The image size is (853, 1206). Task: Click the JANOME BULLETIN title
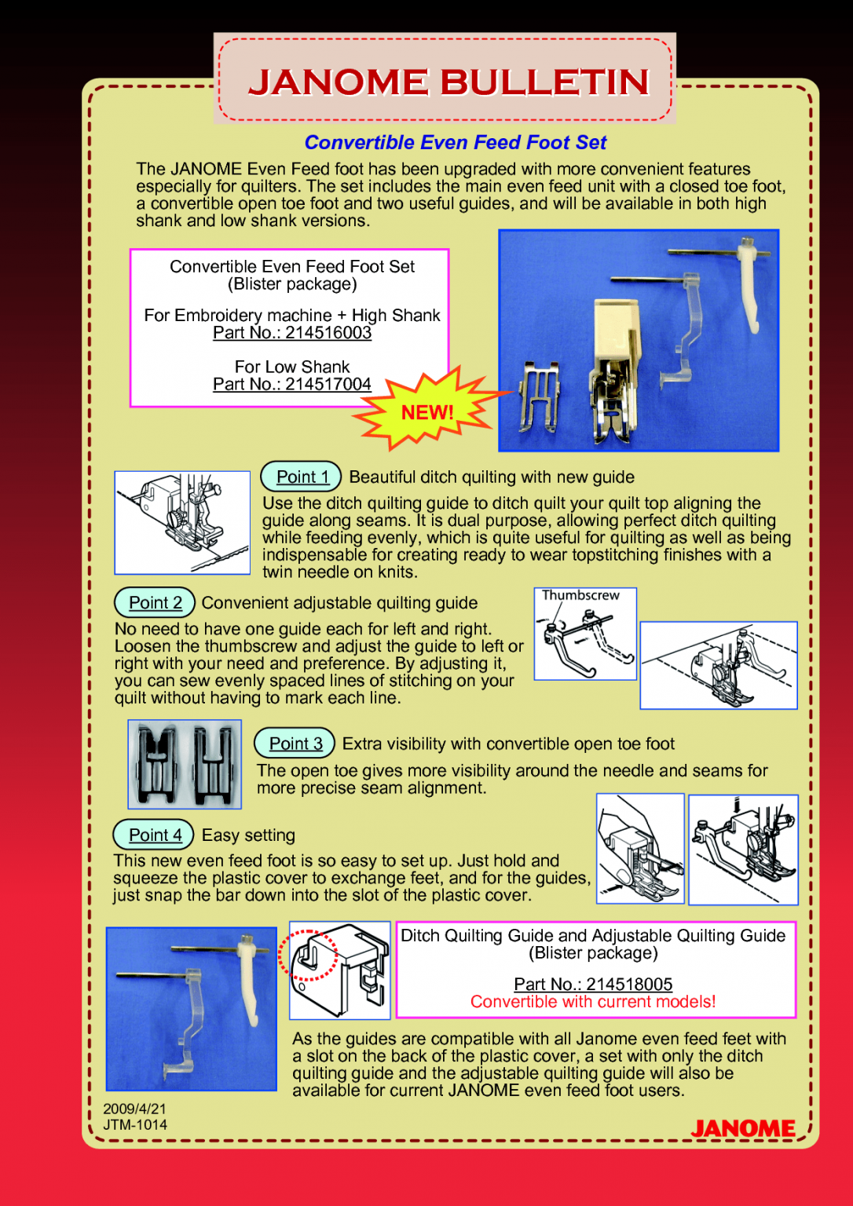click(x=448, y=82)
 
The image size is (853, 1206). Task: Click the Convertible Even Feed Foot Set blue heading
click(x=455, y=142)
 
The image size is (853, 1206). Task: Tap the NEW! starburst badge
click(x=426, y=412)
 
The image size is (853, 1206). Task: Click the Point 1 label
click(x=302, y=477)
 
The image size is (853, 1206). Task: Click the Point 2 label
click(x=155, y=602)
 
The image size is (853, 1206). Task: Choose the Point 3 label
click(x=295, y=744)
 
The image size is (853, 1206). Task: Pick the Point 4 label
click(x=155, y=835)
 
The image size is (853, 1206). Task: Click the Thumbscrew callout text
click(x=580, y=596)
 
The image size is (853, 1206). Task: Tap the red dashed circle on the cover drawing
click(x=308, y=955)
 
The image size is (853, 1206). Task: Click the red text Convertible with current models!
click(x=593, y=1002)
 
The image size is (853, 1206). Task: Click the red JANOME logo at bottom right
click(x=743, y=1128)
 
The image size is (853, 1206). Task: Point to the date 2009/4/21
click(x=134, y=1109)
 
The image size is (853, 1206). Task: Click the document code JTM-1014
click(x=135, y=1124)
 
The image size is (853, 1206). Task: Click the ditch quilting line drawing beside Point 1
click(x=182, y=522)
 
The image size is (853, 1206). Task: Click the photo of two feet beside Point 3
click(x=185, y=764)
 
